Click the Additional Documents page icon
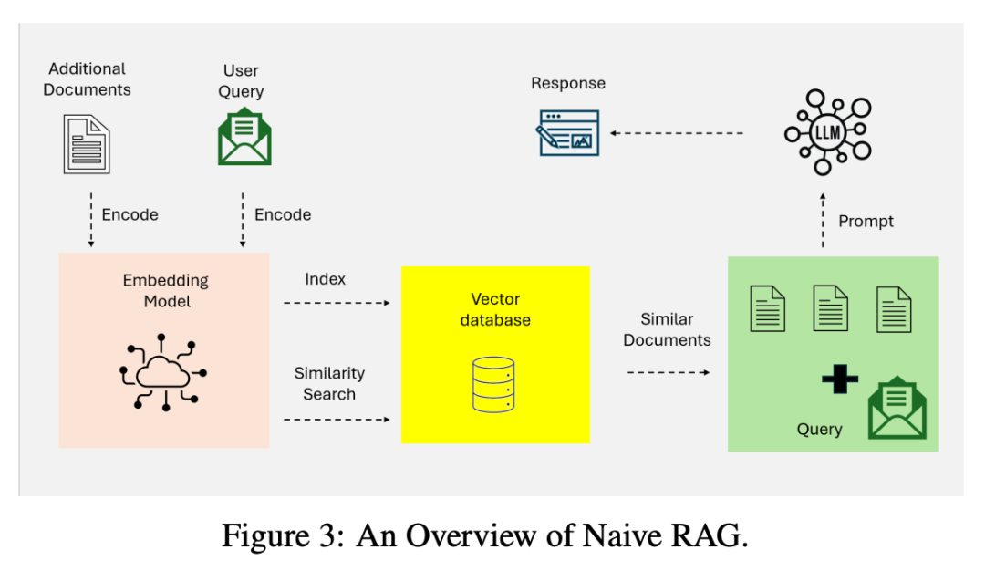tap(87, 143)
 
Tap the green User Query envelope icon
tap(244, 140)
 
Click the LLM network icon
tap(827, 132)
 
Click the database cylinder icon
tap(494, 384)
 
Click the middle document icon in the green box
tap(831, 307)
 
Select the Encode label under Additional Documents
tap(130, 214)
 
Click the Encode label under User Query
tap(283, 214)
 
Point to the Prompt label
tap(866, 221)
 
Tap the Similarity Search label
tap(329, 383)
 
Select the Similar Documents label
tap(667, 329)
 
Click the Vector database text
tap(495, 309)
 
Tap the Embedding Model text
tap(166, 290)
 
